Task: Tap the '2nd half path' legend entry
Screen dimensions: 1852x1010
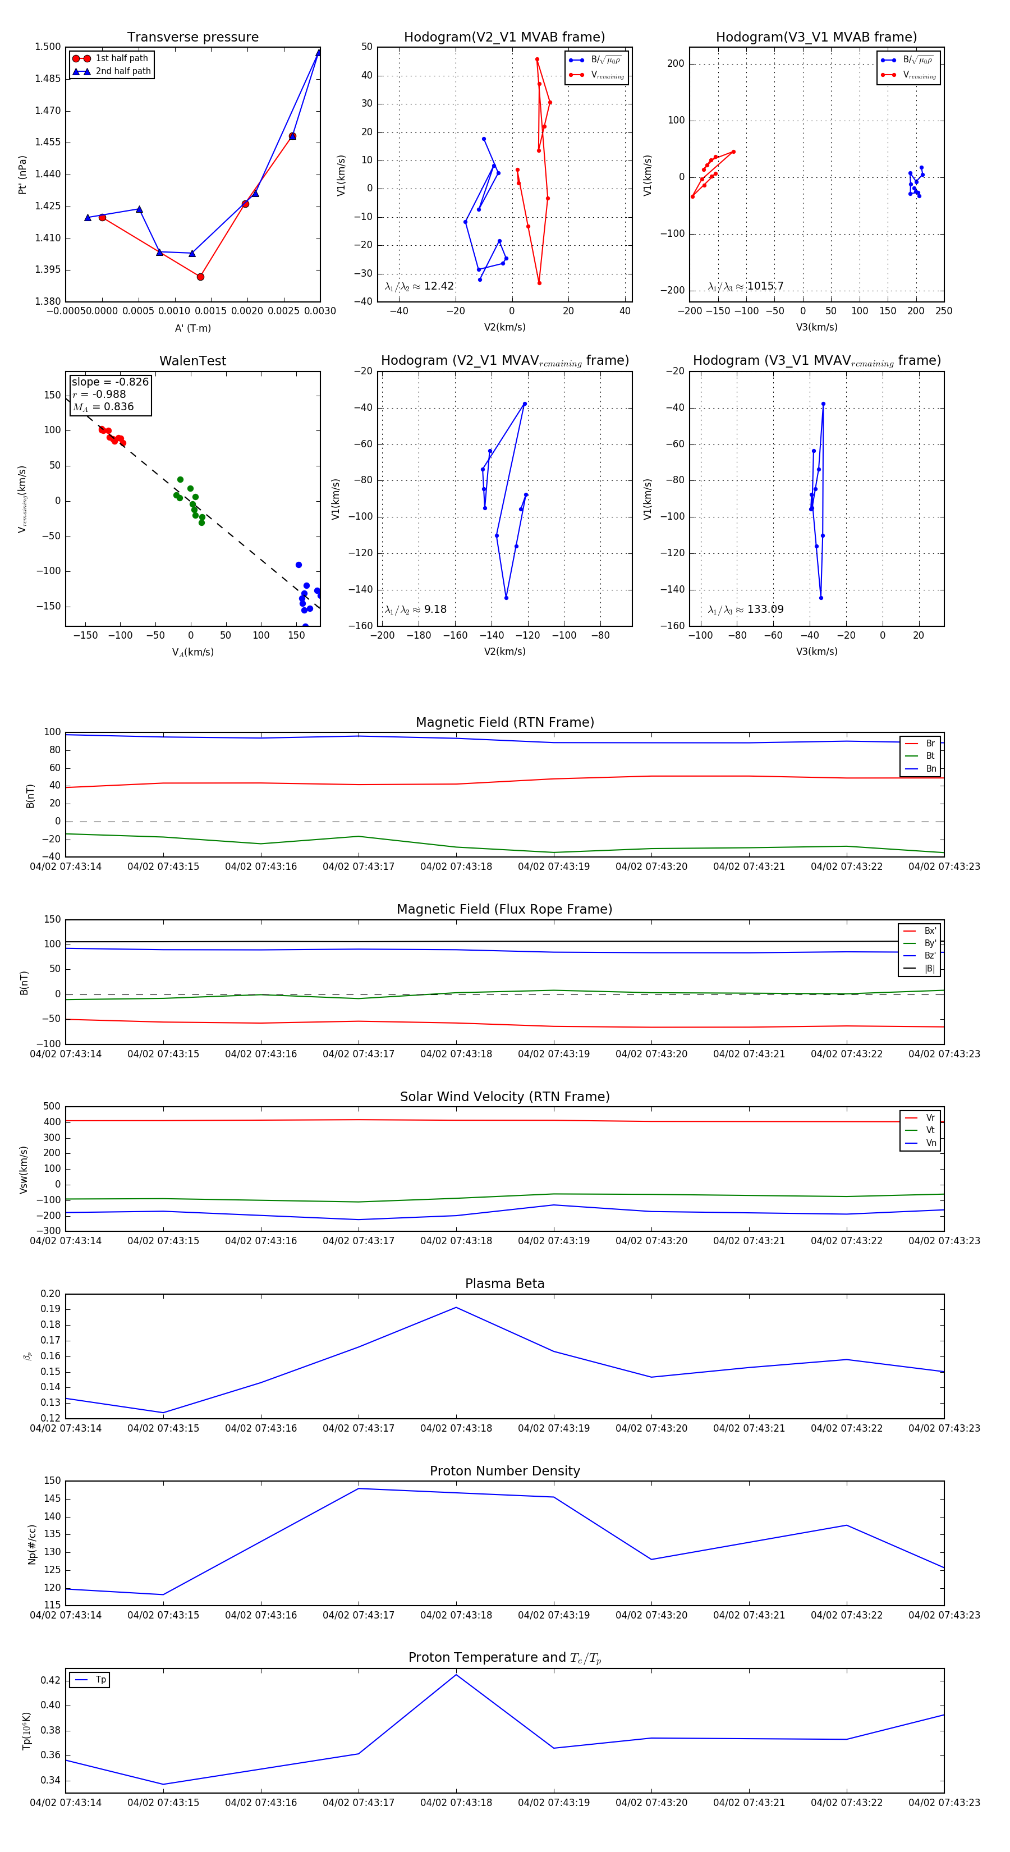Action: coord(123,71)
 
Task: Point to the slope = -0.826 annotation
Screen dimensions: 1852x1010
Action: coord(110,382)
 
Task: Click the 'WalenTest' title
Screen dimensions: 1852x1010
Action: coord(192,361)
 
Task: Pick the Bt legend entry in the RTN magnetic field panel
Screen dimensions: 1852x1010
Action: coord(930,755)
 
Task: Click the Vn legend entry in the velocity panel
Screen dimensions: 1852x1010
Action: coord(930,1143)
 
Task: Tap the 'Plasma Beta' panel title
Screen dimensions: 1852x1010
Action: coord(504,1283)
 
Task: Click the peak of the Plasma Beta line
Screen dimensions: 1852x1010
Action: coord(456,1308)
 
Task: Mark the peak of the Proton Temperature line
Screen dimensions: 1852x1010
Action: coord(456,1675)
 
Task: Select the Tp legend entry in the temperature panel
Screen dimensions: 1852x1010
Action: coord(100,1680)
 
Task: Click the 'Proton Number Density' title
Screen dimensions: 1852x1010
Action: coord(504,1471)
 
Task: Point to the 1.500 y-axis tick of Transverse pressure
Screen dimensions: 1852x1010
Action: coord(48,47)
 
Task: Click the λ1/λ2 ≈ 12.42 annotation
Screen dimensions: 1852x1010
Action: coord(419,286)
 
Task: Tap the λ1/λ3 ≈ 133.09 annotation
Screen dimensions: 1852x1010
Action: coord(746,609)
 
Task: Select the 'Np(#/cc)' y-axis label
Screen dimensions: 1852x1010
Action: coord(31,1544)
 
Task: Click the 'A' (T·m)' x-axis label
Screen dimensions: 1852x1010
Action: coord(192,328)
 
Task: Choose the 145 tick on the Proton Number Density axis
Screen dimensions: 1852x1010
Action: coord(53,1499)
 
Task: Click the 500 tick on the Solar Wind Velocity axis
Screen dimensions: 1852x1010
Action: coord(52,1107)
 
